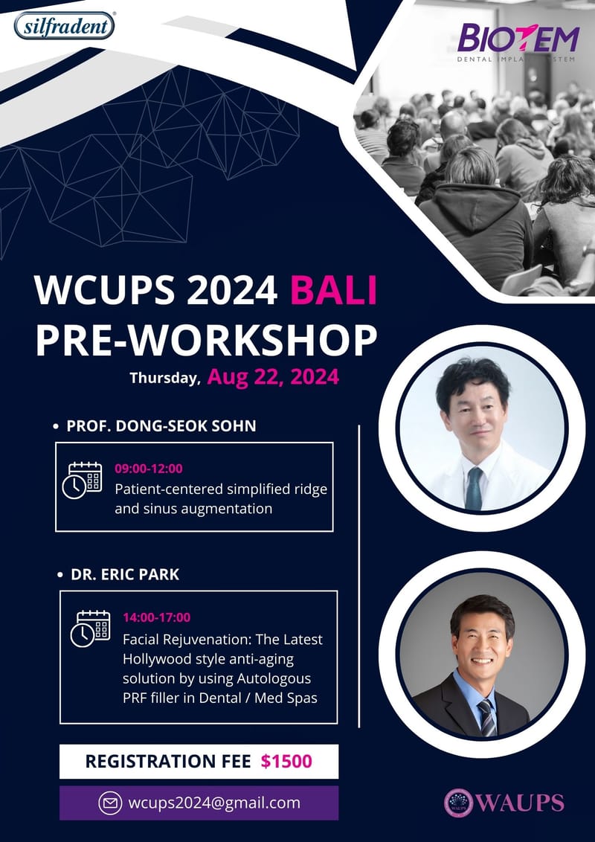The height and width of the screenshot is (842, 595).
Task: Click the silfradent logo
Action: pos(65,25)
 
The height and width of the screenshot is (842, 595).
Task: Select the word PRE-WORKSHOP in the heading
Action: pos(206,338)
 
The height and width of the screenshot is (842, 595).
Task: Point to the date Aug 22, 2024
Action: pos(273,376)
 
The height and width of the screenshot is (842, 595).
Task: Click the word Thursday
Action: pos(165,378)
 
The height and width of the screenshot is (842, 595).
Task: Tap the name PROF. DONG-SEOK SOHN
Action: pos(161,426)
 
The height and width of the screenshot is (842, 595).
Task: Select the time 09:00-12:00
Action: pos(149,469)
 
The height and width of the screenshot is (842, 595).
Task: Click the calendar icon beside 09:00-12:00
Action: pos(82,481)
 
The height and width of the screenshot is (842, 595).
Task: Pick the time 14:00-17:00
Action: pos(156,617)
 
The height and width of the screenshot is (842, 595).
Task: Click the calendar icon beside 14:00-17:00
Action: pos(90,629)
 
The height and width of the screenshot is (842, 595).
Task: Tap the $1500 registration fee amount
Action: pos(286,761)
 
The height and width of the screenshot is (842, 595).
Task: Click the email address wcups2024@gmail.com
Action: pos(214,803)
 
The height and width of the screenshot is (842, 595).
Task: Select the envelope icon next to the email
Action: pos(110,803)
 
